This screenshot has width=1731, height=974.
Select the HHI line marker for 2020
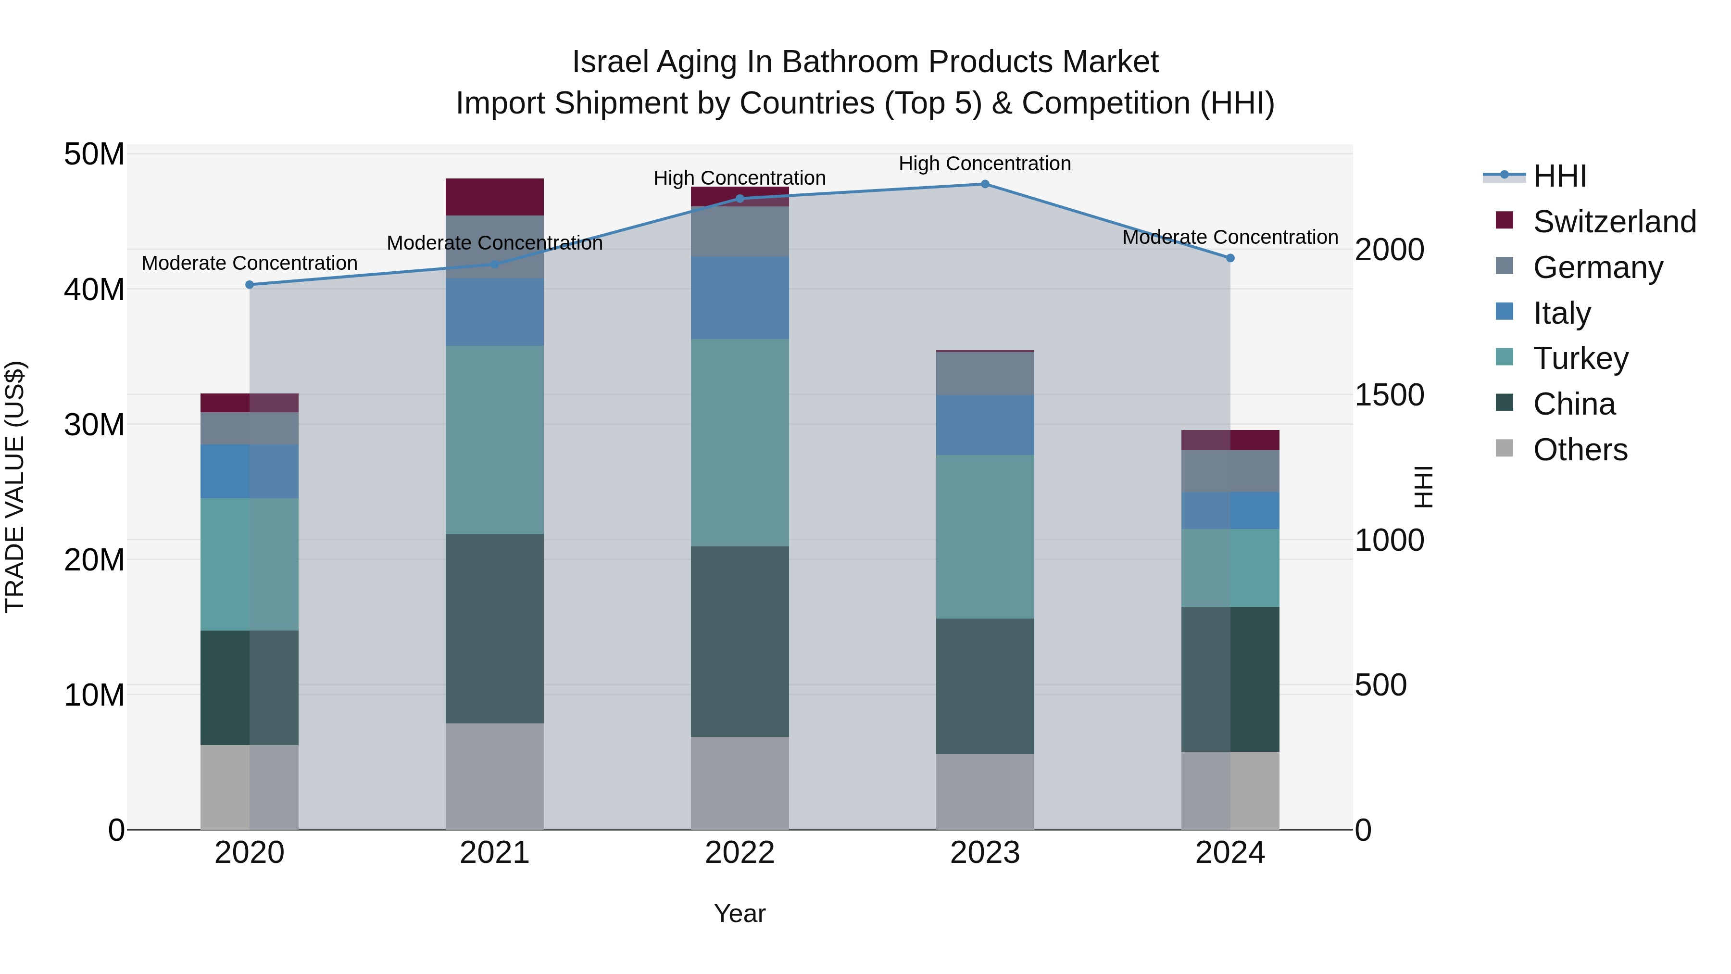[249, 284]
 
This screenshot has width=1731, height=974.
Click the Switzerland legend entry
[1614, 222]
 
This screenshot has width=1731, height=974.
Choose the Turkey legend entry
[1580, 358]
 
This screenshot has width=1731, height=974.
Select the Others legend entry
[1580, 450]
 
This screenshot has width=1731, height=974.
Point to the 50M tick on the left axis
[94, 154]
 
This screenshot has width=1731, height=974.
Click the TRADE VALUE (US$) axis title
[15, 487]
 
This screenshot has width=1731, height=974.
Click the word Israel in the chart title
[610, 62]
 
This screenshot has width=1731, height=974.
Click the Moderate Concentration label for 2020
[249, 263]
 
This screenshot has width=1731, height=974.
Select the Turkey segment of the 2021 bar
[495, 440]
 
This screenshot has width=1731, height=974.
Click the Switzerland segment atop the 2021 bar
[495, 197]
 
